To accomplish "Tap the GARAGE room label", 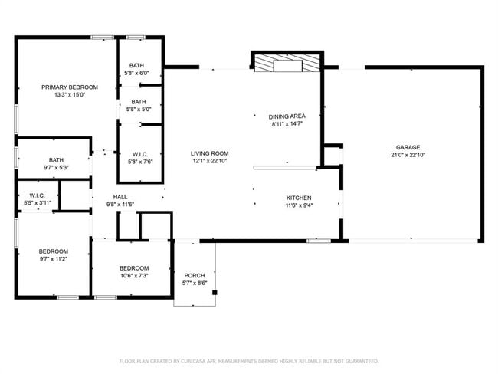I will tap(408, 147).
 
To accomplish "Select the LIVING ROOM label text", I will tap(209, 153).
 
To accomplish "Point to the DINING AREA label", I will tap(287, 116).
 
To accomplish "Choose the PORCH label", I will tap(194, 275).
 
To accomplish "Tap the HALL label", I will tap(120, 197).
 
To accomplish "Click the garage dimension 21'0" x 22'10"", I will tap(408, 155).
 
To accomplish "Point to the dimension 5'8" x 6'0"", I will tap(136, 73).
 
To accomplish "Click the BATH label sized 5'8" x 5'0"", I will tap(139, 102).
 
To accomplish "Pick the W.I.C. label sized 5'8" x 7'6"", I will tap(139, 153).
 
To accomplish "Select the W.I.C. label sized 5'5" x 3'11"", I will tap(37, 195).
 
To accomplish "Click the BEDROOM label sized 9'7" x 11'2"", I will tap(54, 251).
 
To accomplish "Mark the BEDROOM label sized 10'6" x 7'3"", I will tap(133, 268).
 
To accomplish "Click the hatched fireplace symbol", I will tap(288, 64).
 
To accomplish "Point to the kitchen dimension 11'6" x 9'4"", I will tap(298, 204).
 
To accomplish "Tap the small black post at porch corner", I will tap(215, 292).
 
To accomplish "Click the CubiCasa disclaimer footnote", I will tap(248, 360).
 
